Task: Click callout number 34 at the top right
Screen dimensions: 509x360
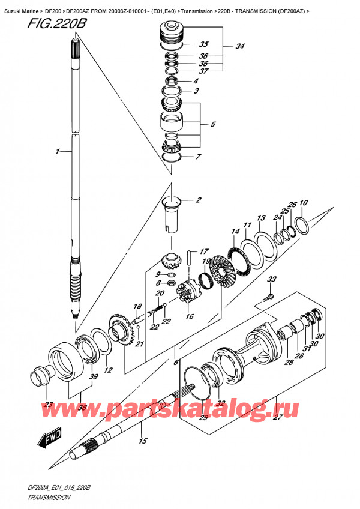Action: [240, 46]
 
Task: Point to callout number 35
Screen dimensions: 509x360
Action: [203, 45]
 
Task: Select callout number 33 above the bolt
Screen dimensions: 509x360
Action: [272, 279]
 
